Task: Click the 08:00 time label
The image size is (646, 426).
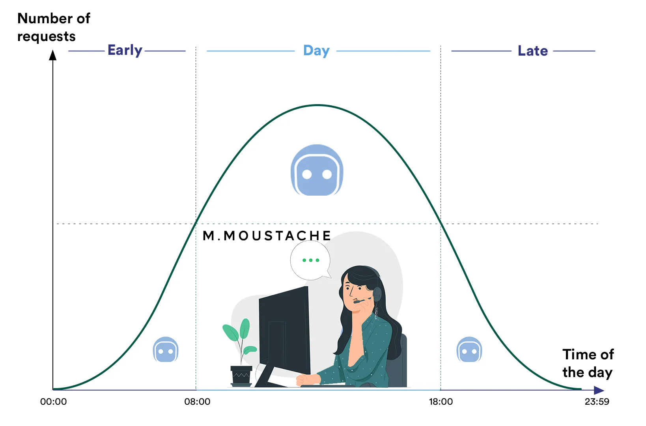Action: (197, 402)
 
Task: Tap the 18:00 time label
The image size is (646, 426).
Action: (441, 402)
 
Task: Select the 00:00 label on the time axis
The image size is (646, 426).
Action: (54, 402)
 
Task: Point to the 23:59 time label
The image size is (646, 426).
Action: (597, 402)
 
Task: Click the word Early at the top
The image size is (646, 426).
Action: (125, 50)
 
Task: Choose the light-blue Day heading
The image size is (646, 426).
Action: (316, 50)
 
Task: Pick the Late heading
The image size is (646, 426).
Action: (532, 51)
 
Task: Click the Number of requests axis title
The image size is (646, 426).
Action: (54, 27)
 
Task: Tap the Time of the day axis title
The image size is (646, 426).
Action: (588, 363)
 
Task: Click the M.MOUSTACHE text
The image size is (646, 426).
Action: (267, 235)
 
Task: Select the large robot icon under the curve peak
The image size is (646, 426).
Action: (317, 170)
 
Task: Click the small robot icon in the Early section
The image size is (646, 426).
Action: (166, 349)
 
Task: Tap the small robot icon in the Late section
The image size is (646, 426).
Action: (469, 349)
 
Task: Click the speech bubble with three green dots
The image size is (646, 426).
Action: (310, 260)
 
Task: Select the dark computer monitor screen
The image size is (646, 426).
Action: (284, 331)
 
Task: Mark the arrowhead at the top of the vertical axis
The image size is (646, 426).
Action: (52, 55)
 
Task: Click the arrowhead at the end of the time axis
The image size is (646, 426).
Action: (599, 390)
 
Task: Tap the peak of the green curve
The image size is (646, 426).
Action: (318, 105)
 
